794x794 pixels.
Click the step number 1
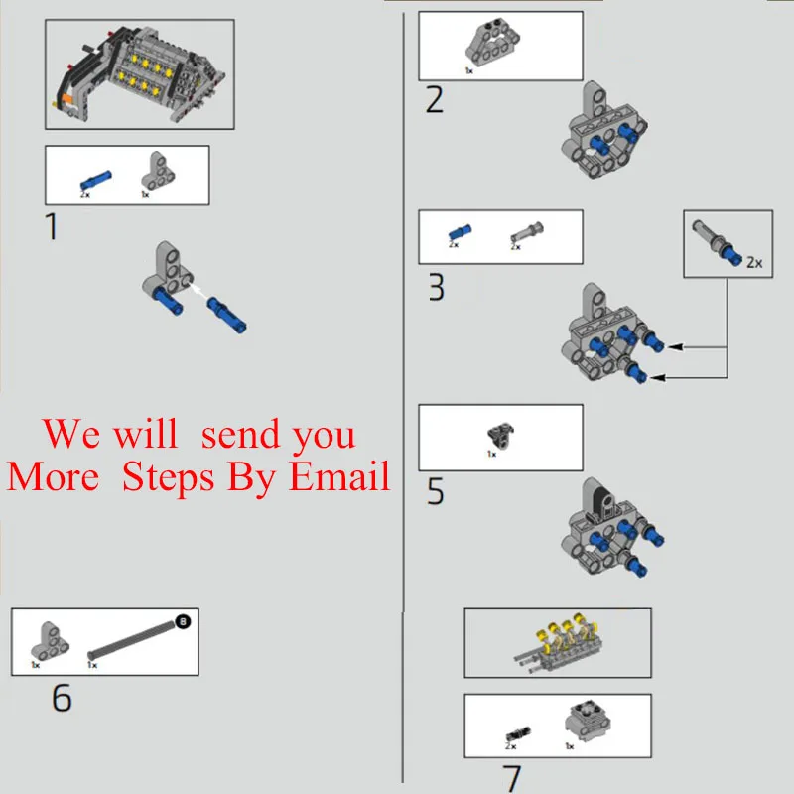click(x=52, y=227)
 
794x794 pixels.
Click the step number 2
click(x=434, y=100)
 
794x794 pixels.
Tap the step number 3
click(x=436, y=288)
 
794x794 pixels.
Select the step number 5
click(x=435, y=492)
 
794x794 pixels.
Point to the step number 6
click(x=62, y=698)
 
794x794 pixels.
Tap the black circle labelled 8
click(x=183, y=621)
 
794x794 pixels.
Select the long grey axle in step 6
click(x=131, y=637)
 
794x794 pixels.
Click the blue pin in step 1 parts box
click(x=96, y=179)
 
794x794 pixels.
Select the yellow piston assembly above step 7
click(x=559, y=639)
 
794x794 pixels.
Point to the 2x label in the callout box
click(x=753, y=262)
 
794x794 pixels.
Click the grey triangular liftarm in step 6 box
click(x=48, y=639)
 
